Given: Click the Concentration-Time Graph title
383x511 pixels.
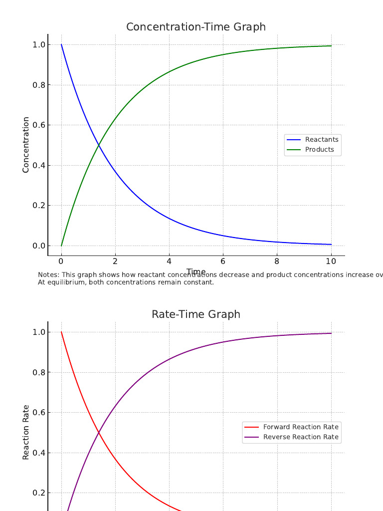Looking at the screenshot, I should point(195,27).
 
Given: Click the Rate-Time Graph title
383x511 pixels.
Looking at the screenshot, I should point(195,314).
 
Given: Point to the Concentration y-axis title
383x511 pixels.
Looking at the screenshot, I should point(26,145).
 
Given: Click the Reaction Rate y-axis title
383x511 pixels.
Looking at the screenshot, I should point(26,432).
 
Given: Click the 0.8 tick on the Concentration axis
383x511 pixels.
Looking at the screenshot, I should point(39,85).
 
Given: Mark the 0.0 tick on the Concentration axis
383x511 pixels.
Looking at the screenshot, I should point(39,246).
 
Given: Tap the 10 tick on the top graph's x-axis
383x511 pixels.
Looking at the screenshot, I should point(331,261).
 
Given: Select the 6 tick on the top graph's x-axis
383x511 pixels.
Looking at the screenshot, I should point(223,261).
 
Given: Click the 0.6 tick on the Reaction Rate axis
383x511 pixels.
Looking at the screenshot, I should point(39,413).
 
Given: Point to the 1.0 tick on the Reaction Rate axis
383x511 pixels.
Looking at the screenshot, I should point(39,332).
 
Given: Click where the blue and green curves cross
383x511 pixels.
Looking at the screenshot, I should point(99,145).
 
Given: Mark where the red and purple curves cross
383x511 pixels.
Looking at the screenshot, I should point(99,432).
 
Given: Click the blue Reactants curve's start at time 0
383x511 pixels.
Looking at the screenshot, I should point(61,44).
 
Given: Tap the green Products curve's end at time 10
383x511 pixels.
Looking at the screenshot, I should point(331,46).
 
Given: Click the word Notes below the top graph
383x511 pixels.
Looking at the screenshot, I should point(47,275).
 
